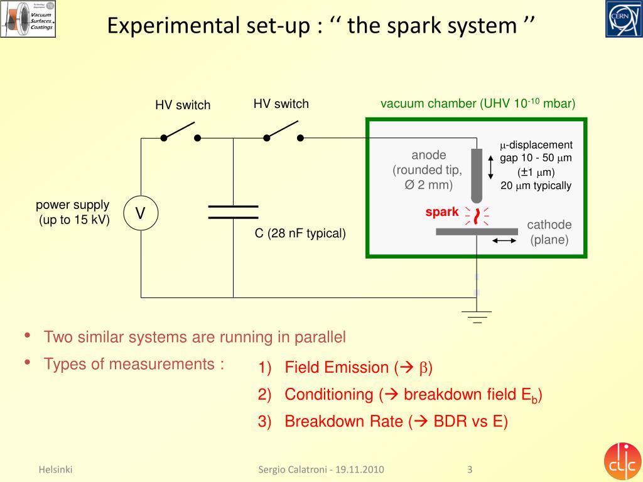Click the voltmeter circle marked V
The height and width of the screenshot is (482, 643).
tap(141, 213)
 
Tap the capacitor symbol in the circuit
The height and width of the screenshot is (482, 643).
tap(233, 212)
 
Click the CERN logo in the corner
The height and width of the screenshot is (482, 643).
tap(623, 19)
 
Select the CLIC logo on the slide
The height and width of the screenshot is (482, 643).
tap(623, 461)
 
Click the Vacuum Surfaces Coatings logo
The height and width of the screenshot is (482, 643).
tap(28, 19)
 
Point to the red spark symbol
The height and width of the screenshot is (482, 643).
tap(477, 216)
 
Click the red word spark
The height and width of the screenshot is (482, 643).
tap(442, 212)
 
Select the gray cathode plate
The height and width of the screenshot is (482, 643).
tap(477, 232)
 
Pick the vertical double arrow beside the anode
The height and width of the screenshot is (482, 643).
tap(491, 168)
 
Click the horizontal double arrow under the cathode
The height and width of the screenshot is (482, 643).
tap(505, 240)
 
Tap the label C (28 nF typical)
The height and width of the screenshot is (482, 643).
tap(300, 234)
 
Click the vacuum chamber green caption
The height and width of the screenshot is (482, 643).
tap(478, 104)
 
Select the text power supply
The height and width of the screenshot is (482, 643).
tap(72, 205)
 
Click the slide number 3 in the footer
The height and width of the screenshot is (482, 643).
tap(470, 469)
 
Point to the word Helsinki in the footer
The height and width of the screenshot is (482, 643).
tap(55, 469)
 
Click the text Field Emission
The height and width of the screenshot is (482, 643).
tap(337, 368)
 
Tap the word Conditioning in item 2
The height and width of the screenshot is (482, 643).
tap(328, 395)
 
